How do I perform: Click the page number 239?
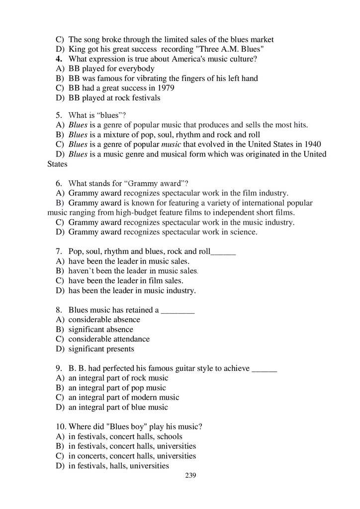tap(191, 476)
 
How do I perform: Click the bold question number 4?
tap(58, 59)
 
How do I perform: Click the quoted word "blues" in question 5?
tap(104, 115)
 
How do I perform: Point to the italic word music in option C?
tap(173, 144)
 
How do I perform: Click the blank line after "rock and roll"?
tap(223, 252)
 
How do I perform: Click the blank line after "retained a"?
tap(178, 310)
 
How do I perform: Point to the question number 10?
tap(60, 427)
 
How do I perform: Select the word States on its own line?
tap(57, 164)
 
